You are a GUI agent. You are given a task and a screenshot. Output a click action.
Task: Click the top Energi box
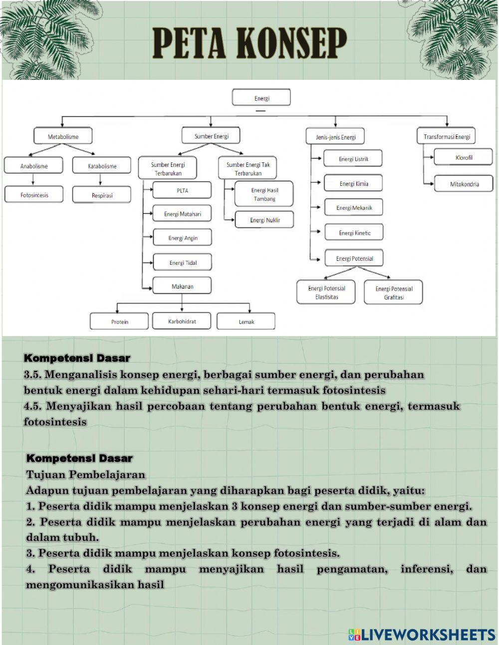coord(261,98)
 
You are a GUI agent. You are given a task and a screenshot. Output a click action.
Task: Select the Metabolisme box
coord(63,136)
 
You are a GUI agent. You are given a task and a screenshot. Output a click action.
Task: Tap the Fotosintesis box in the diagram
coord(34,195)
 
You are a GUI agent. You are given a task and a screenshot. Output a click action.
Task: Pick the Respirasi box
coord(102,195)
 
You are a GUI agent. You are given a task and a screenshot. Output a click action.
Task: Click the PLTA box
coord(182,191)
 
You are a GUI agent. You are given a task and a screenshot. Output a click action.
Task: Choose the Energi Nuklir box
coord(264,220)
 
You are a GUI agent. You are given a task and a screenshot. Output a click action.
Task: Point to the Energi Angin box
coord(183,238)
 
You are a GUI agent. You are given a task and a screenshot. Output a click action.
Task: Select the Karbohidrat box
coord(182,321)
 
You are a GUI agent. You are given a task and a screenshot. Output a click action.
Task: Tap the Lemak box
coord(246,322)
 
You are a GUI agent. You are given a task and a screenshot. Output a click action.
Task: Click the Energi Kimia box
coord(353,183)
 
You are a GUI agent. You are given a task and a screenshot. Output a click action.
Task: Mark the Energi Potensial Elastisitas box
coord(326,292)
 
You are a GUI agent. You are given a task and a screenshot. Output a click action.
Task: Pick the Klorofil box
coord(464,157)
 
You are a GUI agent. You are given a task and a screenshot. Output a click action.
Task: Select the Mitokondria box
coord(464,184)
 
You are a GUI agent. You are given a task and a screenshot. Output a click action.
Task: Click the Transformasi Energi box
coord(447,136)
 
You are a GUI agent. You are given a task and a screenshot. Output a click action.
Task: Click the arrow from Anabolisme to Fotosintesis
coord(34,180)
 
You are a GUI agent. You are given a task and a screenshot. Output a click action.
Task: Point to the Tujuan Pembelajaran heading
coord(85,474)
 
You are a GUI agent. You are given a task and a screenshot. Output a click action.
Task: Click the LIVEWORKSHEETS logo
coord(422,634)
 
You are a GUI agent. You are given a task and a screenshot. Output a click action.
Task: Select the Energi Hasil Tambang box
coord(264,194)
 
